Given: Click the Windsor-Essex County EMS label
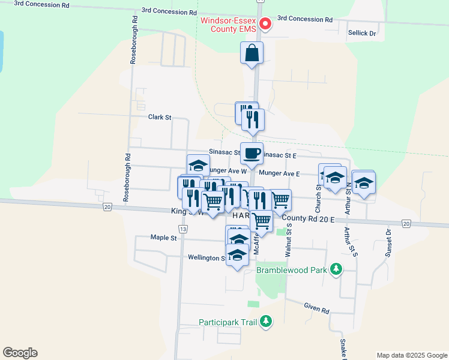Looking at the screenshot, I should pos(228,24).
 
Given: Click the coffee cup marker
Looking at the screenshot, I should pos(252,153).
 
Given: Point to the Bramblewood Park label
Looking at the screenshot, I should pos(292,270).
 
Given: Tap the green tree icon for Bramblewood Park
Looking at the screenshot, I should pos(337,269).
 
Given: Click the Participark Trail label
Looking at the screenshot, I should pos(228,323).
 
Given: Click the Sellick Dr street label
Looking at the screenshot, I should pos(361,33).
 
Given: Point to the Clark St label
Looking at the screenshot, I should pos(160,118).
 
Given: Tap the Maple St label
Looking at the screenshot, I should pos(164,238).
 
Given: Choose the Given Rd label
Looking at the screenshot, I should pos(316,310).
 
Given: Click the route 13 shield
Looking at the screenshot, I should pos(182,229).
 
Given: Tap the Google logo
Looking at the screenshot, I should pos(20,353).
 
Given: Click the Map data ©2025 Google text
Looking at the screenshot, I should pos(411,355).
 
